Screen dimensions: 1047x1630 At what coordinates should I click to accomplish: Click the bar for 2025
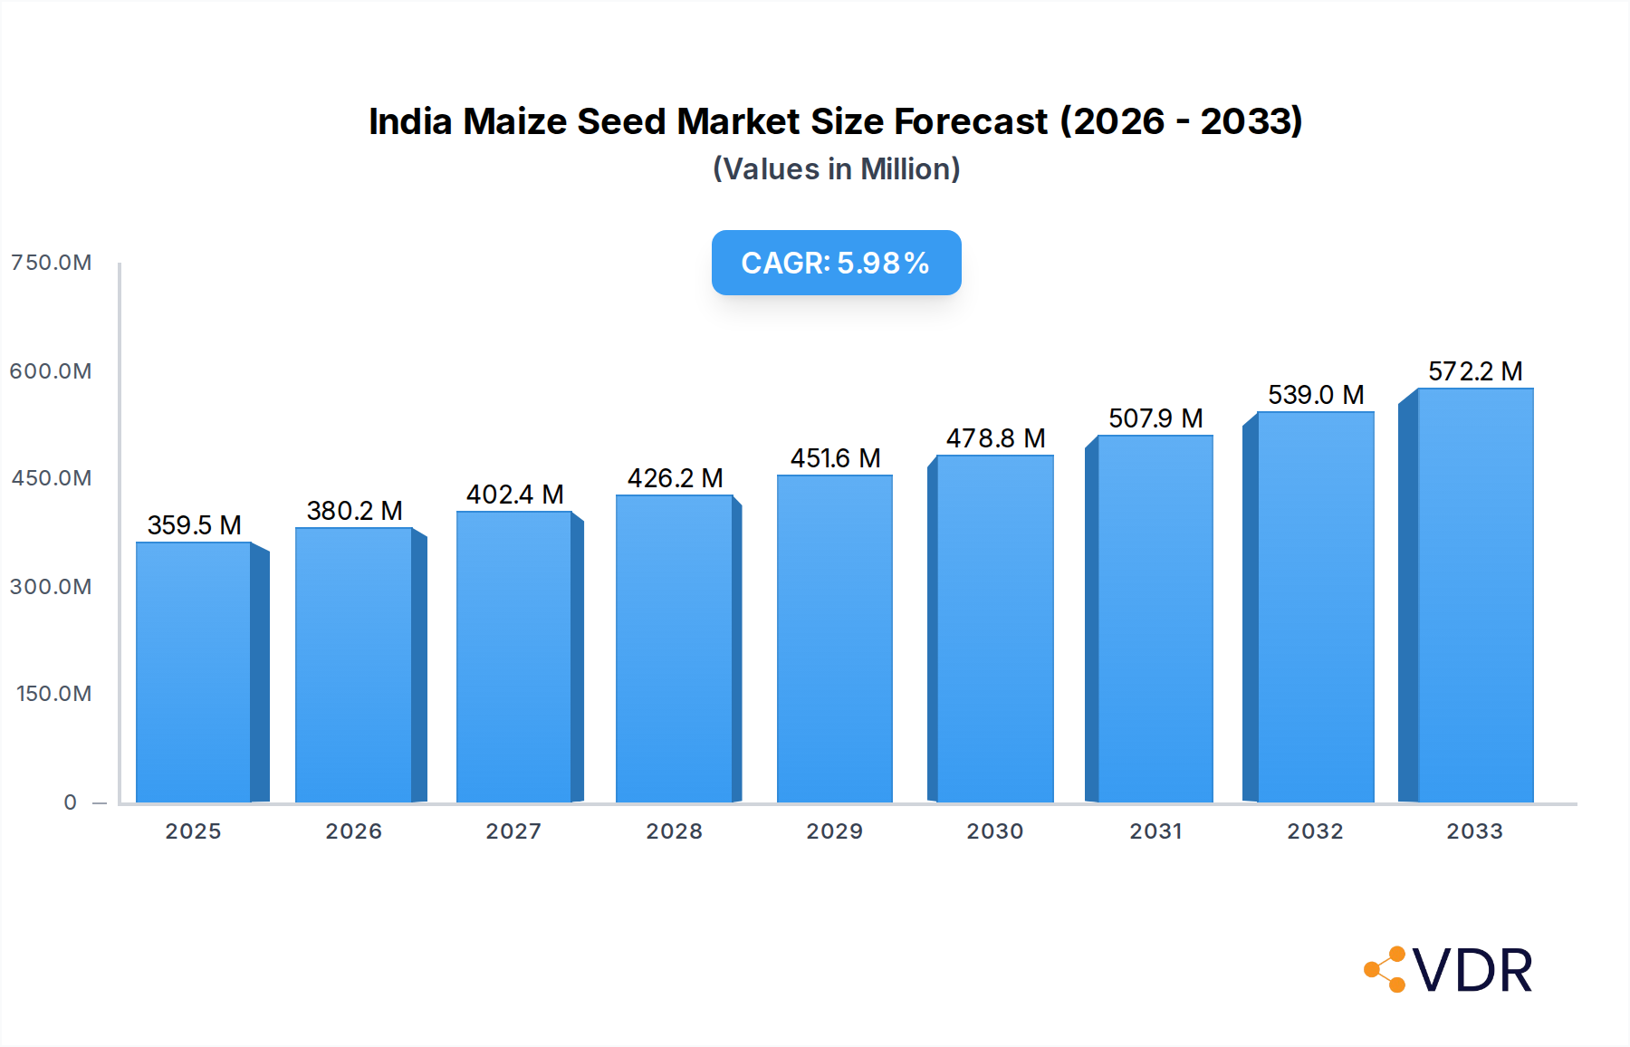[193, 672]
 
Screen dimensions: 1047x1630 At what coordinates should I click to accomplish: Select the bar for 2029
[834, 639]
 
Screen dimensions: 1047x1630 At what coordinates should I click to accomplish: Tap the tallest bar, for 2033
[1475, 595]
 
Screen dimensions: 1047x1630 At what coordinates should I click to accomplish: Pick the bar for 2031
[1155, 619]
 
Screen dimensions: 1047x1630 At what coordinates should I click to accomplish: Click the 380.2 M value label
[354, 511]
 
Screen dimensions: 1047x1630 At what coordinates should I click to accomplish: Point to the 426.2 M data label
[675, 478]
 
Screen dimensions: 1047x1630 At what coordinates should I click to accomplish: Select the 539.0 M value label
[1315, 395]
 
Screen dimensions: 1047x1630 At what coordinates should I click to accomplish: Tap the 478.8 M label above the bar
[995, 438]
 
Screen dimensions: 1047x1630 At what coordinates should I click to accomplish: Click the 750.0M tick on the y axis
[52, 263]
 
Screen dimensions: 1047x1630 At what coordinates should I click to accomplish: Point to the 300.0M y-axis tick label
[52, 587]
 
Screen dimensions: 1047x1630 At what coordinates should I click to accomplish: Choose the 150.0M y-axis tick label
[54, 694]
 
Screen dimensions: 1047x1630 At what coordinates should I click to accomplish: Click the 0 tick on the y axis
[71, 802]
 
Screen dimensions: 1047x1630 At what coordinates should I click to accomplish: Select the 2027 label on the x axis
[513, 831]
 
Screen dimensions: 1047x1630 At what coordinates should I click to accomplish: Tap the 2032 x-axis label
[1315, 831]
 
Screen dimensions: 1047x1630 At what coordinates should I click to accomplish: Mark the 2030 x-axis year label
[994, 831]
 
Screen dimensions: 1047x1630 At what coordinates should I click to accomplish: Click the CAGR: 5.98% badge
[836, 263]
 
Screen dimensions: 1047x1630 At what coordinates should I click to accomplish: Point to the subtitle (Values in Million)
[836, 169]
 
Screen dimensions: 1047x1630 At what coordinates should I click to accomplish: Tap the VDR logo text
[1472, 971]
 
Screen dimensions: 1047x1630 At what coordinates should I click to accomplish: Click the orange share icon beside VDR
[1385, 970]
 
